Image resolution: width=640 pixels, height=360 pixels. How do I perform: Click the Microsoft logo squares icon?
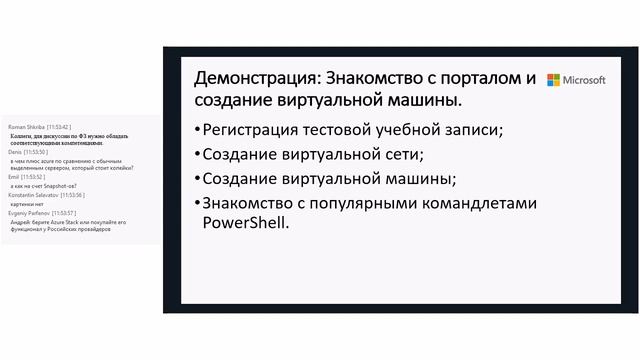coord(553,80)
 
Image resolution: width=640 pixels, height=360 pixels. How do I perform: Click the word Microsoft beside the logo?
coord(584,80)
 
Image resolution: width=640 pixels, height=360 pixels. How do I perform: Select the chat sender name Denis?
coord(13,152)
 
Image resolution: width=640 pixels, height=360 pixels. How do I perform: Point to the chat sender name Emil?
coord(12,176)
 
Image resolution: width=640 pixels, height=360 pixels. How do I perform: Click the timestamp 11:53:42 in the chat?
coord(58,128)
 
